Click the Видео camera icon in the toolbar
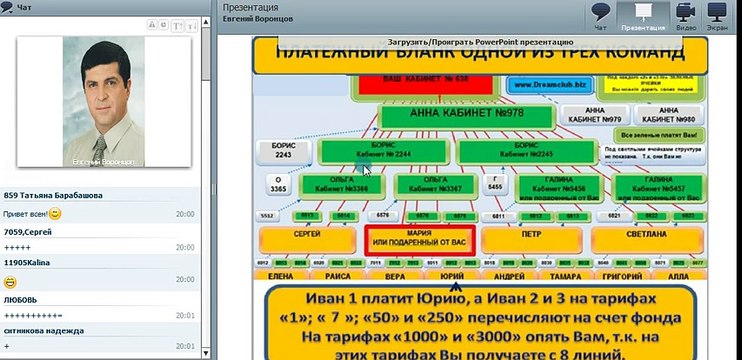686,14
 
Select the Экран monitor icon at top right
717,14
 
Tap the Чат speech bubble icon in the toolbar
600,14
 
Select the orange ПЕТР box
531,241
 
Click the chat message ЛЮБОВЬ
22,298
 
